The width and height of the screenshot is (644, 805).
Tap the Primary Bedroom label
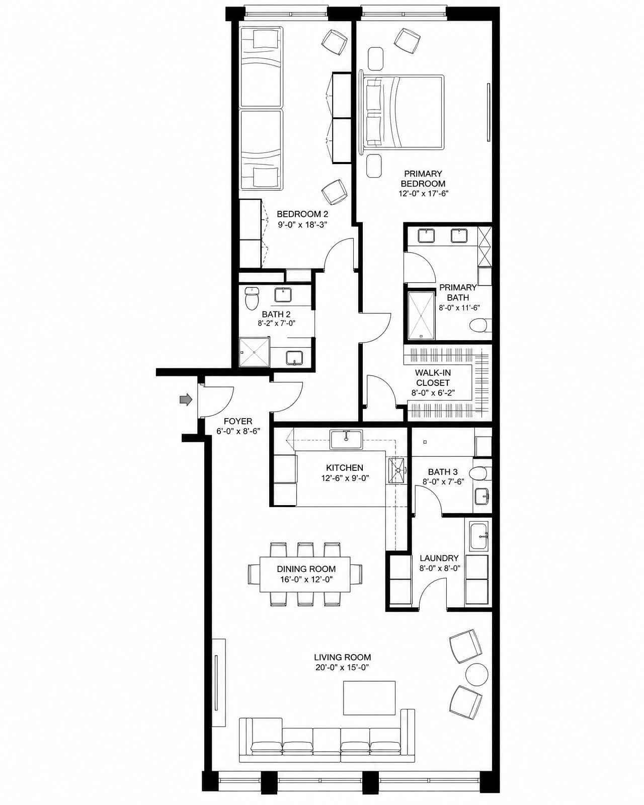click(423, 179)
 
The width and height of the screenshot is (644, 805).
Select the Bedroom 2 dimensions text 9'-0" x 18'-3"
click(302, 224)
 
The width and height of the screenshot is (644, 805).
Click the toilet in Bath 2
click(252, 297)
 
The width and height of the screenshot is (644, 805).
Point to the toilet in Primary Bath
click(480, 325)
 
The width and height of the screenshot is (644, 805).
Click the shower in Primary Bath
click(421, 316)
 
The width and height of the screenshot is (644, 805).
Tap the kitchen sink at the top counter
click(346, 439)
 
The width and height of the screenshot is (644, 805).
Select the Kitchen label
click(345, 467)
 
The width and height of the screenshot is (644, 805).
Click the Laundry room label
click(439, 558)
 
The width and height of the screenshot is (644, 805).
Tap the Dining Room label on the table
click(306, 569)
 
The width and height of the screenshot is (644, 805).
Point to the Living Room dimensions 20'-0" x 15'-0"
click(343, 667)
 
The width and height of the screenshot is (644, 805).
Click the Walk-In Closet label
click(433, 378)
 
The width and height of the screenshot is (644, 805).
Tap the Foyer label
click(238, 421)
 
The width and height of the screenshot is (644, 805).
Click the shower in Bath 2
click(255, 352)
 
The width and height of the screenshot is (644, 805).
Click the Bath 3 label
click(443, 472)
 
